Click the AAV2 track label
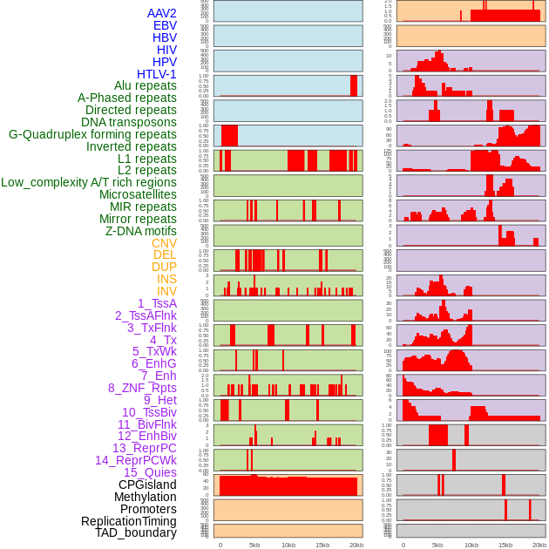[161, 13]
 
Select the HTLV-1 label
[156, 74]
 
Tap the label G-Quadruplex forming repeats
[92, 134]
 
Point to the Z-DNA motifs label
[140, 231]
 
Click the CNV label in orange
[164, 243]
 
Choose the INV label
[166, 291]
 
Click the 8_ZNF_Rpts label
[142, 388]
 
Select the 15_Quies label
[149, 472]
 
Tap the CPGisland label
[147, 485]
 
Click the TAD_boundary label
[135, 532]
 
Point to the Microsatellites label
[138, 194]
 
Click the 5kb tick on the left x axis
[254, 545]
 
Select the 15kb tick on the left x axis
[322, 545]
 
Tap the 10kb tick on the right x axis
[471, 545]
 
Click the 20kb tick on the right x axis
[539, 545]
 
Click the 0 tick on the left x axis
[220, 545]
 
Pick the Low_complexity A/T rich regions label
[89, 182]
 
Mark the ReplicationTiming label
[128, 521]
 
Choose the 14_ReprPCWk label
[135, 460]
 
